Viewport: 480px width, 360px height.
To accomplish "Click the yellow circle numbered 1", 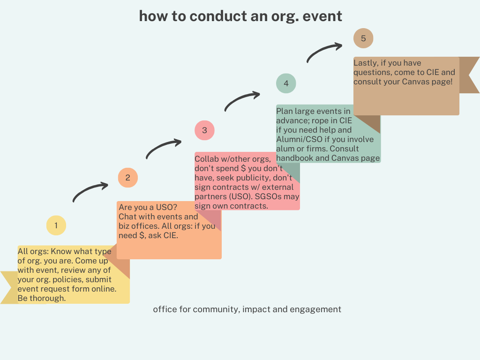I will pyautogui.click(x=56, y=225).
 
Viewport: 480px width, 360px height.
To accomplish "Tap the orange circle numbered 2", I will pyautogui.click(x=128, y=178).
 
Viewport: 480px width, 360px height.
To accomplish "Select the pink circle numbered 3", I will pyautogui.click(x=204, y=130).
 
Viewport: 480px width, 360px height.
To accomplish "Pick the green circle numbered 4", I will pyautogui.click(x=286, y=83).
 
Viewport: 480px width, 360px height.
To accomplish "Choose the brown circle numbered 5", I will pyautogui.click(x=363, y=38).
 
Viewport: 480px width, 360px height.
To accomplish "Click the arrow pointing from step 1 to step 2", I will pyautogui.click(x=90, y=191).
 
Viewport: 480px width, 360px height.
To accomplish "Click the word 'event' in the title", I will pyautogui.click(x=322, y=16).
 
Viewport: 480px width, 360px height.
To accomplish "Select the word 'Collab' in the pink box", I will pyautogui.click(x=207, y=159).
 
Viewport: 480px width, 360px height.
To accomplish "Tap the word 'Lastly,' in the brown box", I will pyautogui.click(x=366, y=63).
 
